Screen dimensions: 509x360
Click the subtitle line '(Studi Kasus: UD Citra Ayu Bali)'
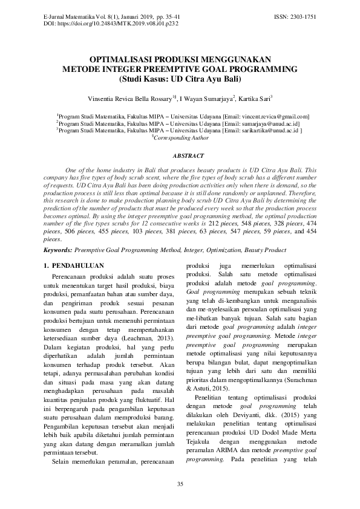tap(180, 79)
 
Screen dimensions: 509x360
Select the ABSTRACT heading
tap(180, 155)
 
